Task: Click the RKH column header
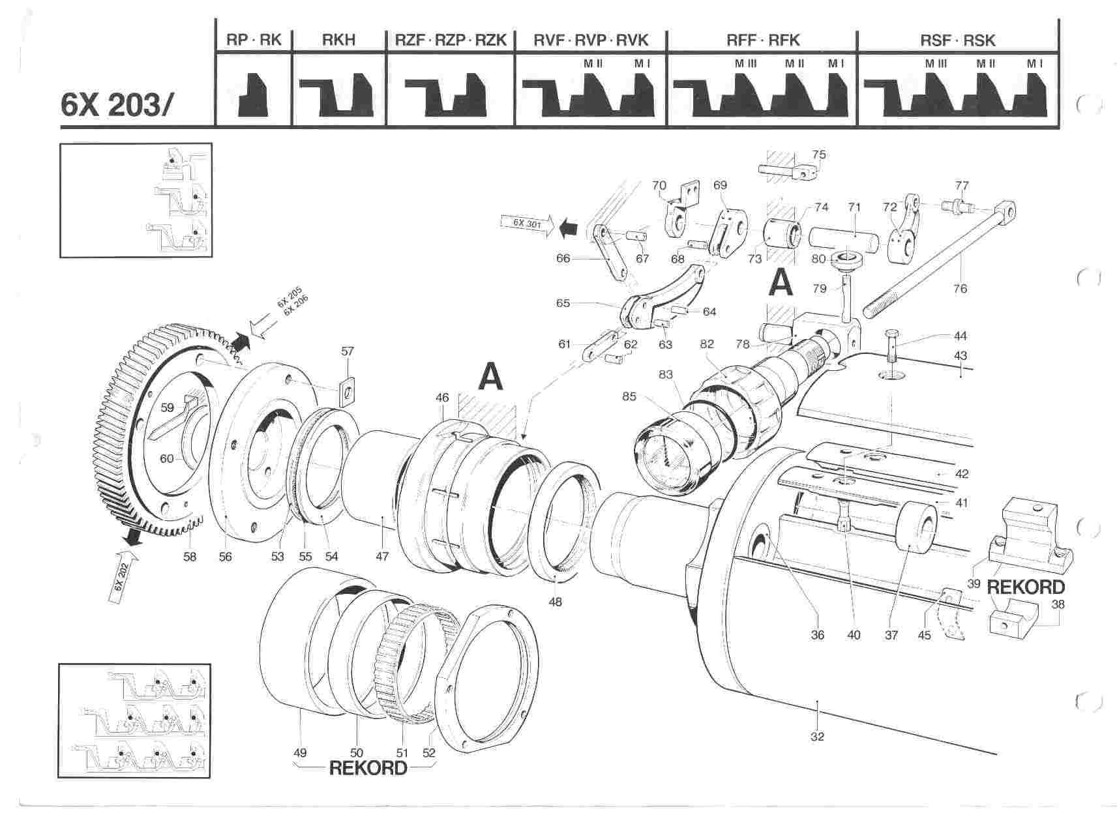click(339, 40)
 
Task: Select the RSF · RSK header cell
click(958, 40)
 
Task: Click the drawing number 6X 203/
click(115, 104)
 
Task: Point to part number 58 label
click(190, 557)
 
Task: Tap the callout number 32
click(817, 737)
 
